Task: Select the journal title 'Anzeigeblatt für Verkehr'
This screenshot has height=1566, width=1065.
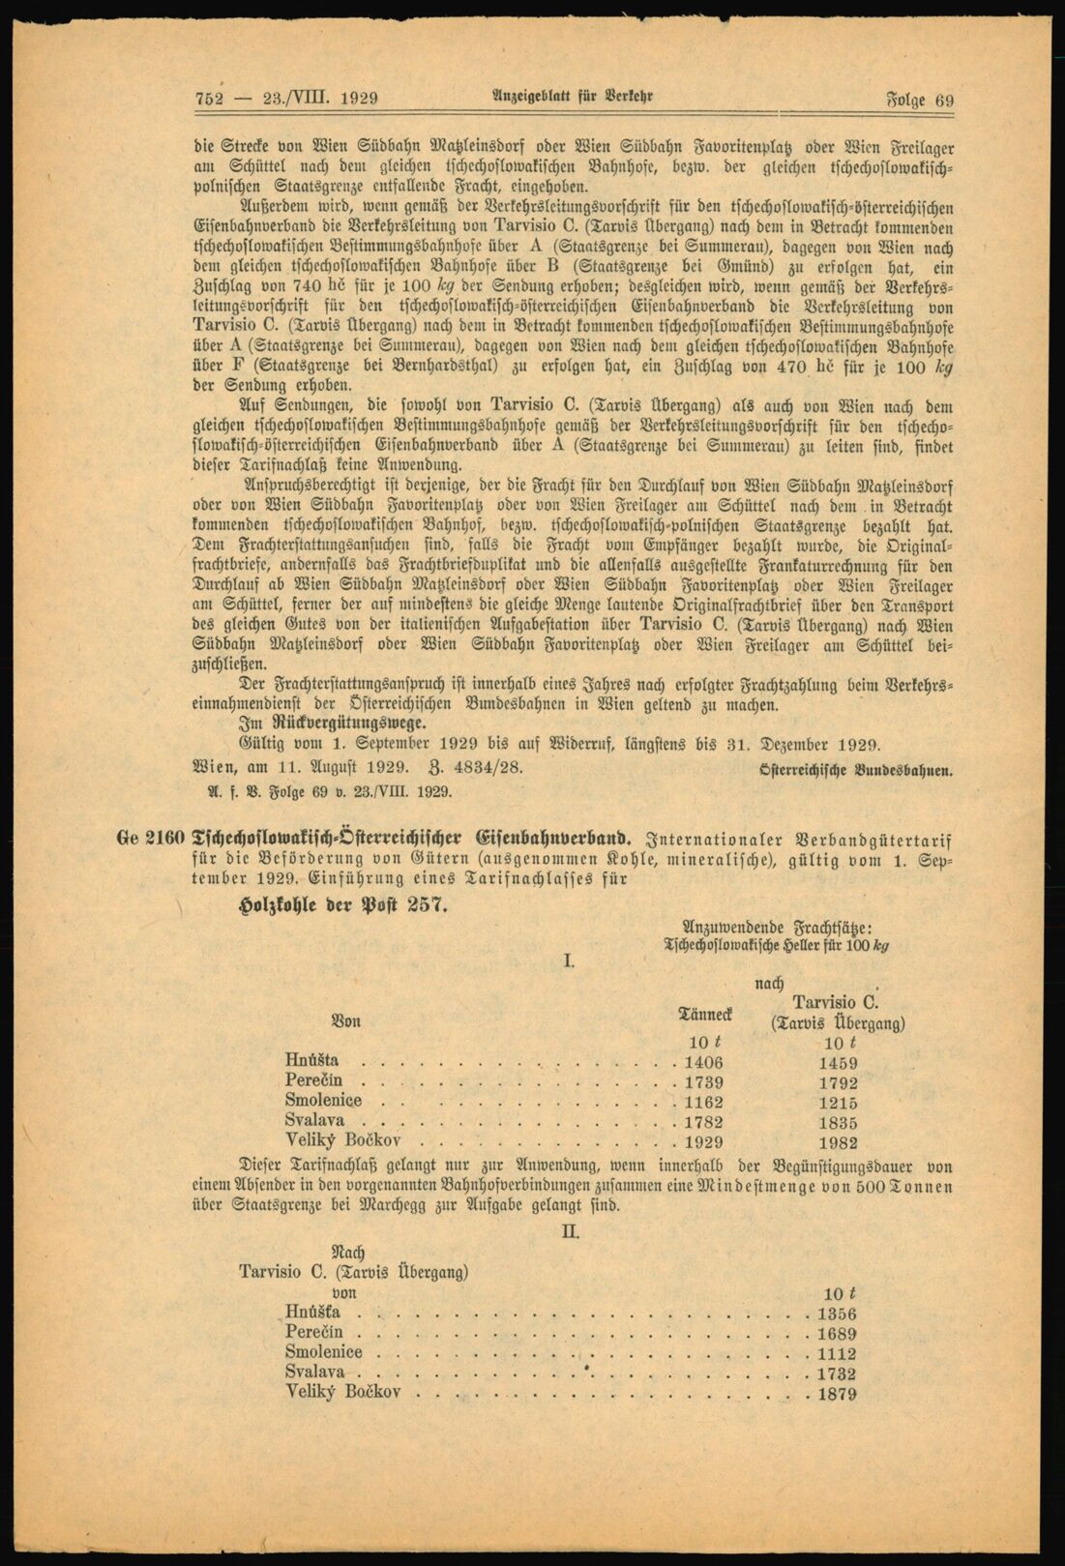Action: point(575,98)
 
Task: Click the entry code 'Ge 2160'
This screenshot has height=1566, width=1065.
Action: point(151,839)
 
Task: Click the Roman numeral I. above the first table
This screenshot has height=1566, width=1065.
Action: point(570,960)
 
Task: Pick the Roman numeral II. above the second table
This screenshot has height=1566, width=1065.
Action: point(570,1231)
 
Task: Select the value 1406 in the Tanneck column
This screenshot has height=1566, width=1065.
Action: point(703,1062)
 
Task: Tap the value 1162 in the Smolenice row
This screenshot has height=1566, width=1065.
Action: point(703,1102)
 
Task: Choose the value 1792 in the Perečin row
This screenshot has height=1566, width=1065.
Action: point(837,1082)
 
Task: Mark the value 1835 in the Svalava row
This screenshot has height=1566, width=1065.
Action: point(837,1122)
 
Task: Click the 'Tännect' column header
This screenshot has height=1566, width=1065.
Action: point(705,1014)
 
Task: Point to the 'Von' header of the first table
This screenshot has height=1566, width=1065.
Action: point(345,1019)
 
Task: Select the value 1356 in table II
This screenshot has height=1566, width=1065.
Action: point(837,1314)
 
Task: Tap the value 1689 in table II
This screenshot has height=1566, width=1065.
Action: point(837,1334)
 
